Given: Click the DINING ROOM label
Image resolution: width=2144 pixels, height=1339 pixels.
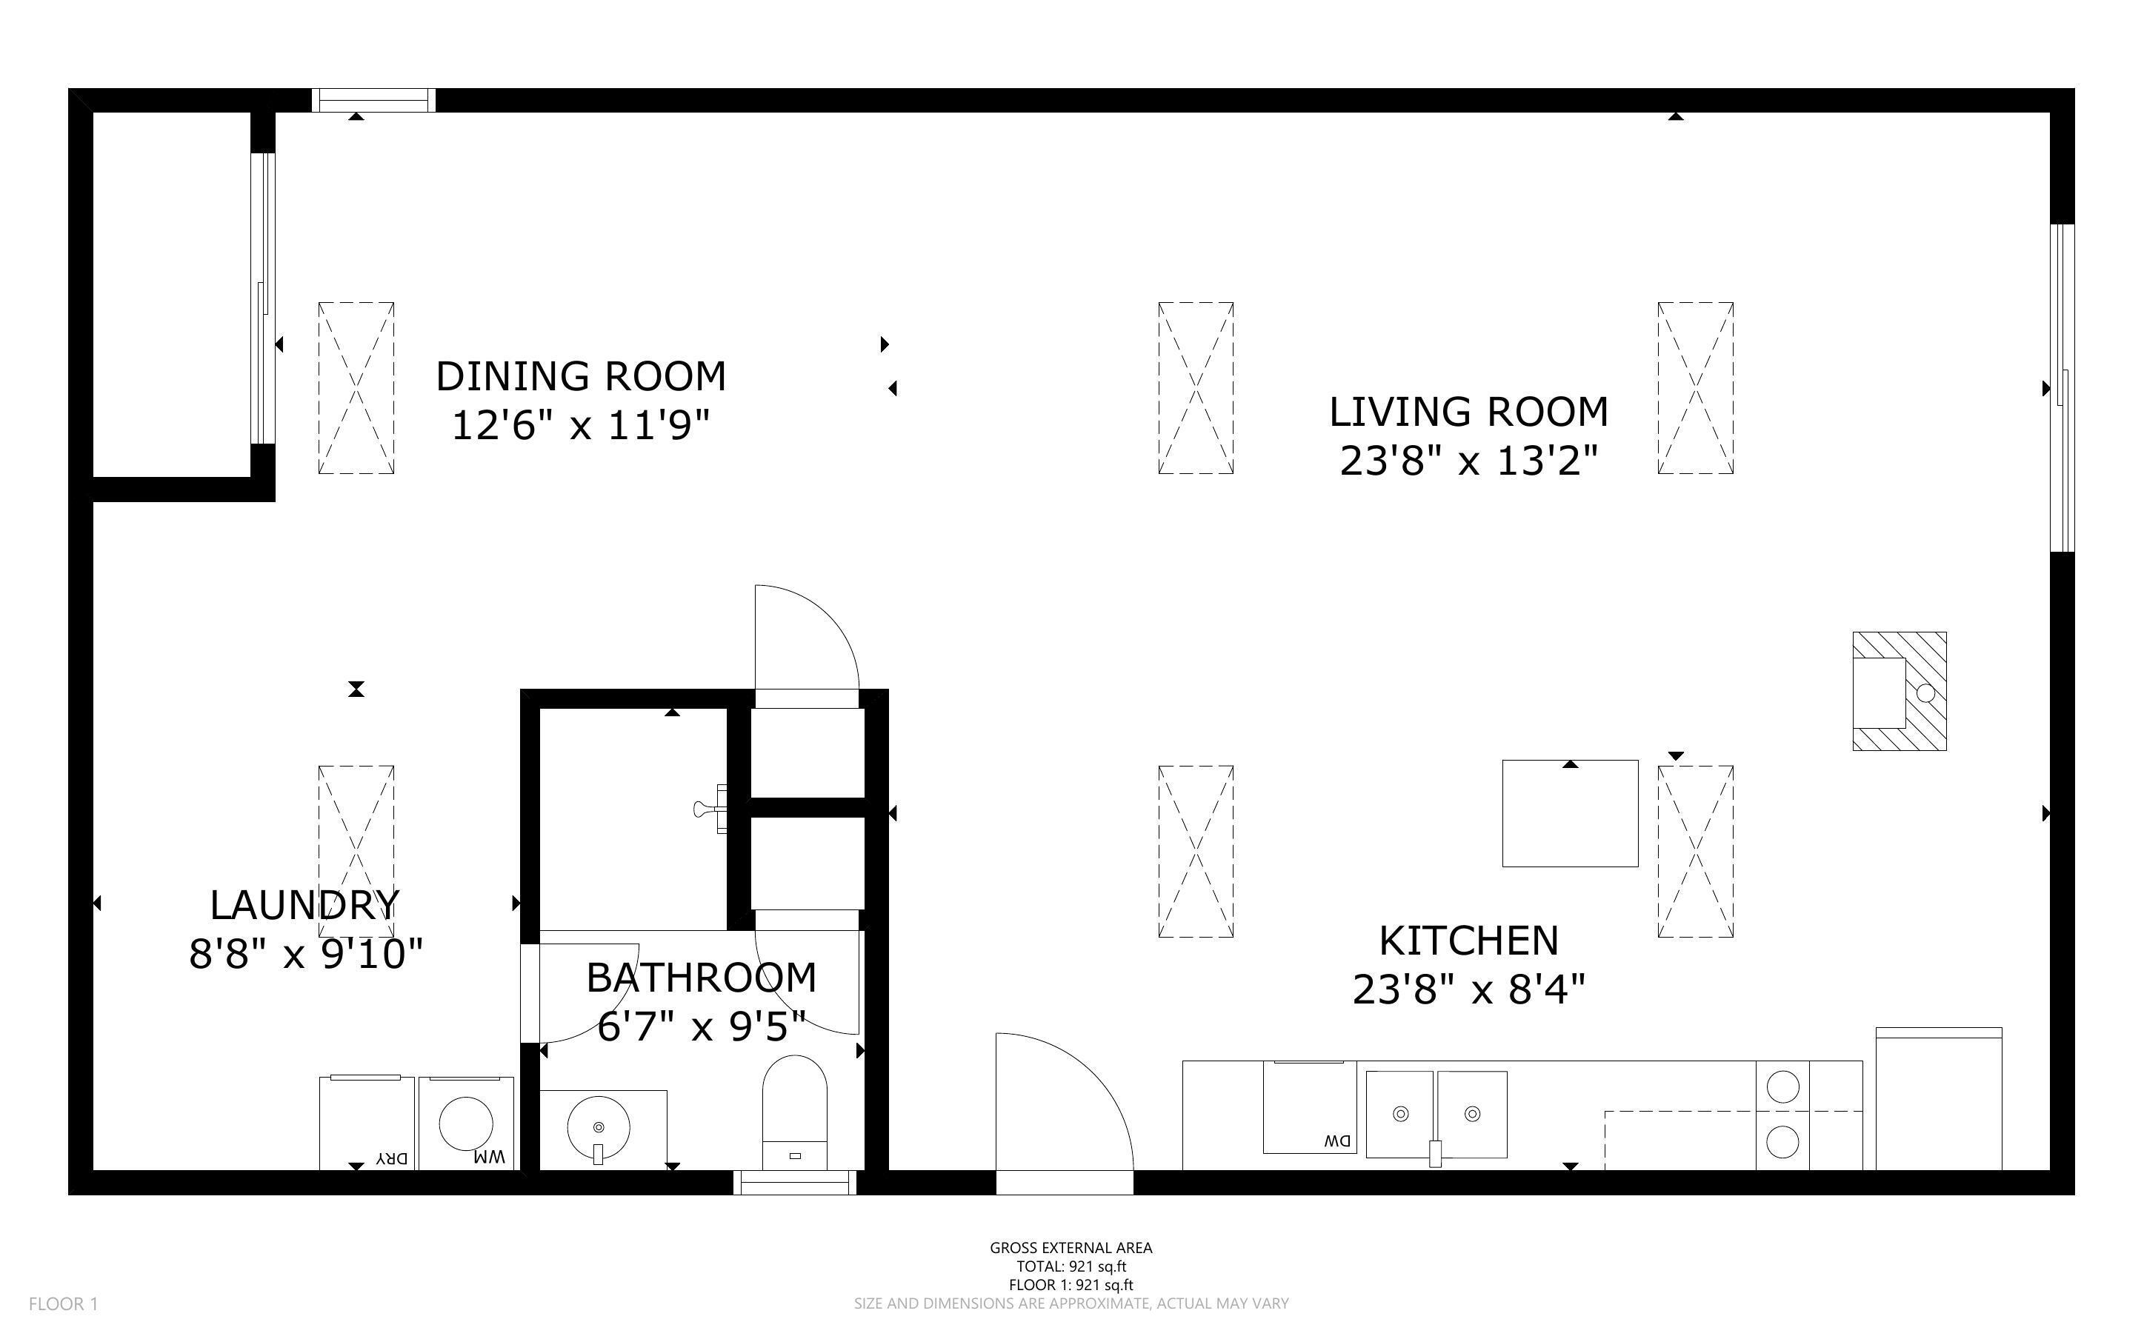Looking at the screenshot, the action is pos(581,376).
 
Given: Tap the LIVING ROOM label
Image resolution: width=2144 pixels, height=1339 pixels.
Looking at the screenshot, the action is pos(1469,412).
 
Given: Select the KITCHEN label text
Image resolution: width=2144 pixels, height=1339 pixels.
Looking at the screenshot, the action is pos(1469,941).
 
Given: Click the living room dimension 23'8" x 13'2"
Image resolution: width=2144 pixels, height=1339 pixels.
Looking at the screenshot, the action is pos(1469,461).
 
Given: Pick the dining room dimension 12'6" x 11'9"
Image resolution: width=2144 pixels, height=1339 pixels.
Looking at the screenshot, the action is pos(581,425).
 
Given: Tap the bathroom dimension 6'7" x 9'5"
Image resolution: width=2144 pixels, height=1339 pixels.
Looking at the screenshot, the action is pos(702,1026).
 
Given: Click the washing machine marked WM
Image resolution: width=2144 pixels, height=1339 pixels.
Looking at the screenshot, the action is pos(466,1123).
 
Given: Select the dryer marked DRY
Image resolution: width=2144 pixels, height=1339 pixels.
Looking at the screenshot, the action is pos(367,1123).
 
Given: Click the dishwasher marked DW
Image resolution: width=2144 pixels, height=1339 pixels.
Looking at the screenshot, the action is pos(1310,1107).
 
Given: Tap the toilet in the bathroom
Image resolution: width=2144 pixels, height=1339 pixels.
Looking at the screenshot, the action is pos(794,1113).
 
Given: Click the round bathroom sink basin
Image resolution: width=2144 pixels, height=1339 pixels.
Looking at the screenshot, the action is pos(598,1127).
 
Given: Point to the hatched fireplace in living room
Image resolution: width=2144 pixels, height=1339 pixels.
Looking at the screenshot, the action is pos(1900,691).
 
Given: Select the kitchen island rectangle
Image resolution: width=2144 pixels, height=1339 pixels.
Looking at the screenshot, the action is pos(1570,813).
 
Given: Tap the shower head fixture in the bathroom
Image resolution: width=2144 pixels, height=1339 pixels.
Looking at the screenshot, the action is pos(711,809).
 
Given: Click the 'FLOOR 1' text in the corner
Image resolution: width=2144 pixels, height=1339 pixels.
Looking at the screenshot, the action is pos(64,1303).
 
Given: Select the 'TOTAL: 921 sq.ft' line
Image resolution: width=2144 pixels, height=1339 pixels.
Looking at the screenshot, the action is pos(1071,1266).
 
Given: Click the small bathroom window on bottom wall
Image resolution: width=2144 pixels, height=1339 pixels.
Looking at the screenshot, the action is pos(794,1182).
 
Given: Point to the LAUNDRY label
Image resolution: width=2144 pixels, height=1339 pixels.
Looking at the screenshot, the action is pos(305,905).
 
